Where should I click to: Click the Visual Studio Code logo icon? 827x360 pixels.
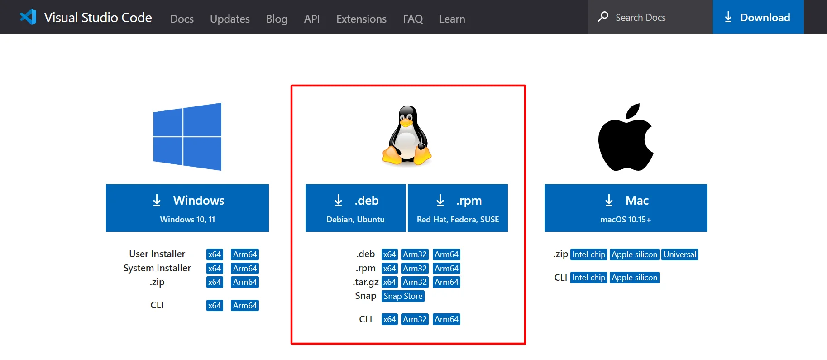(28, 17)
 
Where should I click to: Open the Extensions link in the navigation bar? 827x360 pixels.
(361, 19)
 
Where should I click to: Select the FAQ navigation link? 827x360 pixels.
(413, 19)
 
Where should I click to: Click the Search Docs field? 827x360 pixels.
(650, 17)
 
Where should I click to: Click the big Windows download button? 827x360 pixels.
(187, 208)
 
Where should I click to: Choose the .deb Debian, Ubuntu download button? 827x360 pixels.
(355, 208)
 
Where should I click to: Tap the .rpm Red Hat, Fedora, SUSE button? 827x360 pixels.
(458, 208)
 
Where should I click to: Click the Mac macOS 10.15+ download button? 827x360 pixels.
(626, 208)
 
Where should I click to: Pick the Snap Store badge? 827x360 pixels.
(403, 296)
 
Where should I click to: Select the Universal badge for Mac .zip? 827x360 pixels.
(680, 254)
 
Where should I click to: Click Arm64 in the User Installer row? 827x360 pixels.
(245, 254)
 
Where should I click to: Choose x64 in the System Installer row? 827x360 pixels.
(215, 269)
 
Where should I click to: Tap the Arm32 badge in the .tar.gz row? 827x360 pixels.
(415, 282)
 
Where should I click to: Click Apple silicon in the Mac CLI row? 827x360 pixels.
(634, 278)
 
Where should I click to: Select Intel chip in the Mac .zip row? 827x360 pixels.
(588, 254)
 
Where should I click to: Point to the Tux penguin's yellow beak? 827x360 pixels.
(406, 122)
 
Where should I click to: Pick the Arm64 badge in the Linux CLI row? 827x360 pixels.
(446, 319)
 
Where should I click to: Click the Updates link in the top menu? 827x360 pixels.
(230, 19)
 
